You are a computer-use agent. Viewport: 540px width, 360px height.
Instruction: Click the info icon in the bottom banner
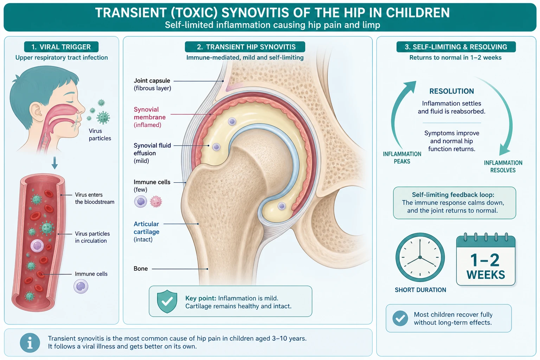[30, 343]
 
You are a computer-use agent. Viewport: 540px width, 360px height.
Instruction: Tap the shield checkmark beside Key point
[167, 301]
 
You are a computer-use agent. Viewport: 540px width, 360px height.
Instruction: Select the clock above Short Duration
[420, 257]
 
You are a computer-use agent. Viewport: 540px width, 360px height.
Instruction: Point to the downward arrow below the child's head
[55, 163]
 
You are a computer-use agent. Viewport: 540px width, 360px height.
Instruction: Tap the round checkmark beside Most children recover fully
[400, 318]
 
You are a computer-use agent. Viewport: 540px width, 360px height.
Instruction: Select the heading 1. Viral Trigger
[61, 47]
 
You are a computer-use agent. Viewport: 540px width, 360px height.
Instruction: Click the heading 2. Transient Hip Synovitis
[245, 47]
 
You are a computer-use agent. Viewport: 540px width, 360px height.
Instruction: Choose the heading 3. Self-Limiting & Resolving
[456, 47]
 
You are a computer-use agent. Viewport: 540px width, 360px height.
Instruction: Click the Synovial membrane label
[150, 117]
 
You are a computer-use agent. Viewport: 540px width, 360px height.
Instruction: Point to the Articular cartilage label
[146, 231]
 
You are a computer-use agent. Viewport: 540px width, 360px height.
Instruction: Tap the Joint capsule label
[152, 84]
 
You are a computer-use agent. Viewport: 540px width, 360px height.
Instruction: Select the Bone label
[141, 269]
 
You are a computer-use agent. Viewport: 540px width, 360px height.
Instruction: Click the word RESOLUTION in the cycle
[451, 91]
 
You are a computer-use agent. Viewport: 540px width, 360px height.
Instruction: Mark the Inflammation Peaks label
[402, 158]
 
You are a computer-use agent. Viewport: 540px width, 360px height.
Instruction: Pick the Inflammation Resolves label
[503, 166]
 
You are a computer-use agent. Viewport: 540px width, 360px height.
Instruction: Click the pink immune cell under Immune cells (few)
[156, 202]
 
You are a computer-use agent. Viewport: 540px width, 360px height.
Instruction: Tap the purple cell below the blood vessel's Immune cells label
[81, 287]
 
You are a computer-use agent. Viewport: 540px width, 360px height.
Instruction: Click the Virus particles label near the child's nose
[100, 135]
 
